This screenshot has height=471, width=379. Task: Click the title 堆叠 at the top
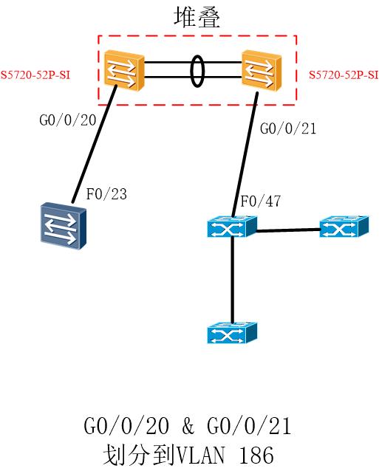click(197, 18)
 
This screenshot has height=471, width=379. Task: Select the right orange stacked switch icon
click(262, 70)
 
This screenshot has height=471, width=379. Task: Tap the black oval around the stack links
click(197, 71)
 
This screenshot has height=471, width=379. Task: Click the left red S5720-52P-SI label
click(35, 75)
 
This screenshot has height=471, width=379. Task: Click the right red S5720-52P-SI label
click(344, 75)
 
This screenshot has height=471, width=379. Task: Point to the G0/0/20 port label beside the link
click(68, 120)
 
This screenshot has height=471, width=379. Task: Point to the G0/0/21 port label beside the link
click(288, 128)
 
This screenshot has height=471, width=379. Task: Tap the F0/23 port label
click(106, 194)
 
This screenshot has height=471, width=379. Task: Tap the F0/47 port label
click(260, 201)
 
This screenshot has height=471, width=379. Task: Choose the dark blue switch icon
click(64, 226)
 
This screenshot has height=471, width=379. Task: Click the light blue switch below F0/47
click(232, 227)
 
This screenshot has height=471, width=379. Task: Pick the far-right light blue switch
click(344, 227)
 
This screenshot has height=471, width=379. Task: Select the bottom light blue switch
click(232, 333)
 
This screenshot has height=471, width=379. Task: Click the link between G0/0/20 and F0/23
click(94, 144)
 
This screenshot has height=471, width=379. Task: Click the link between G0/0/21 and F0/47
click(245, 155)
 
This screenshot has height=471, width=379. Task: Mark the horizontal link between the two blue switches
click(289, 230)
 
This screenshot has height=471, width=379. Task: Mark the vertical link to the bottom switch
click(232, 280)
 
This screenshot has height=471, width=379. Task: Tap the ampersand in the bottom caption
click(188, 426)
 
